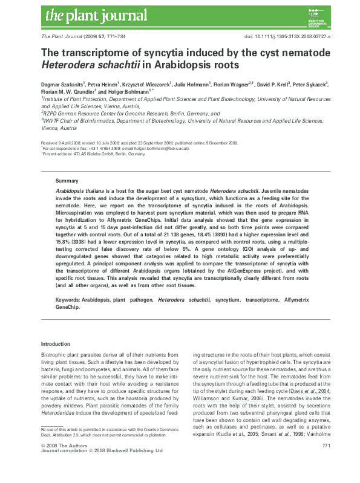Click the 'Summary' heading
pos(67,181)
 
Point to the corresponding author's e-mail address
pos(163,148)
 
